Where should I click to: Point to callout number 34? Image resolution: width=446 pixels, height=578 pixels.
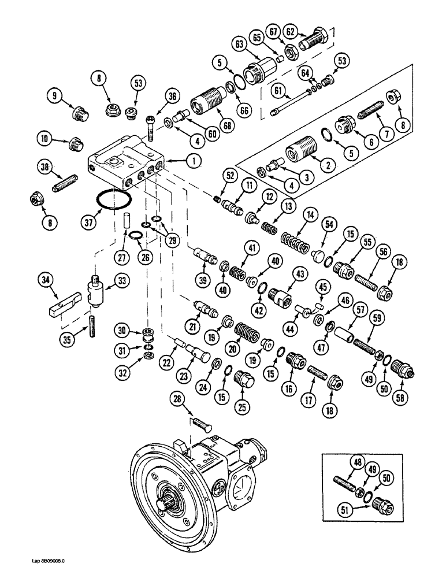coord(44,281)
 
